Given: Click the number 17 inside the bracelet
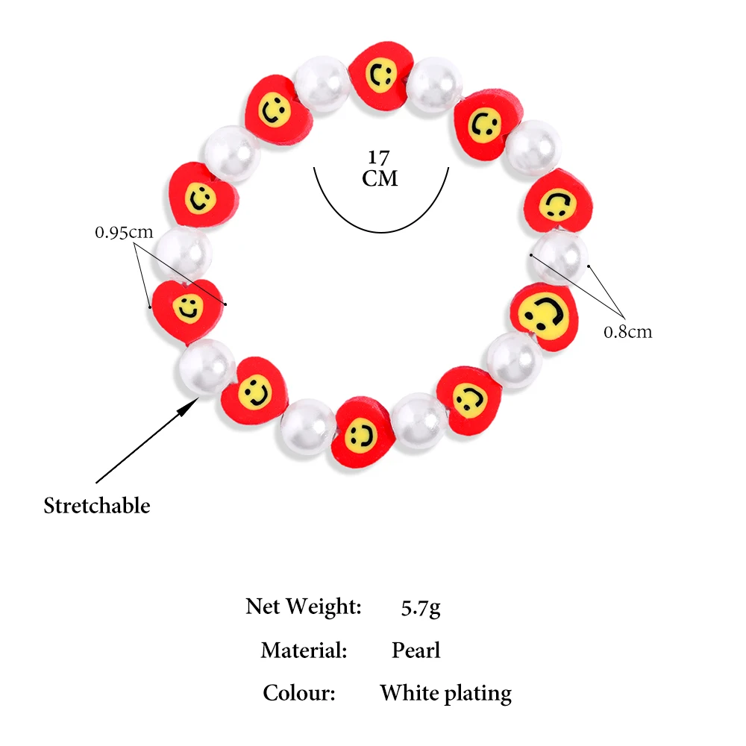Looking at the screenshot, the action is (378, 158).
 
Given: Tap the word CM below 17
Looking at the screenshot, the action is (380, 179).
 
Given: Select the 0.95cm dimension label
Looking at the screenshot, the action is (123, 232).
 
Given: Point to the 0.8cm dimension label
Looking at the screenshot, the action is (627, 331).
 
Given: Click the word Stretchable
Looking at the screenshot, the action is (97, 506).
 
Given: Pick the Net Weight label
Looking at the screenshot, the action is (304, 606).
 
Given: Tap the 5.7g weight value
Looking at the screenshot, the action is (421, 607).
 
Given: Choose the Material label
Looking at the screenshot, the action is (304, 650).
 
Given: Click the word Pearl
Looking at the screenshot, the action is (416, 650).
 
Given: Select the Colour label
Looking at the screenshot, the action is (299, 693).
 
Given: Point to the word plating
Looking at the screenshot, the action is (478, 694).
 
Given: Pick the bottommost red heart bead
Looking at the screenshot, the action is (362, 430).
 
